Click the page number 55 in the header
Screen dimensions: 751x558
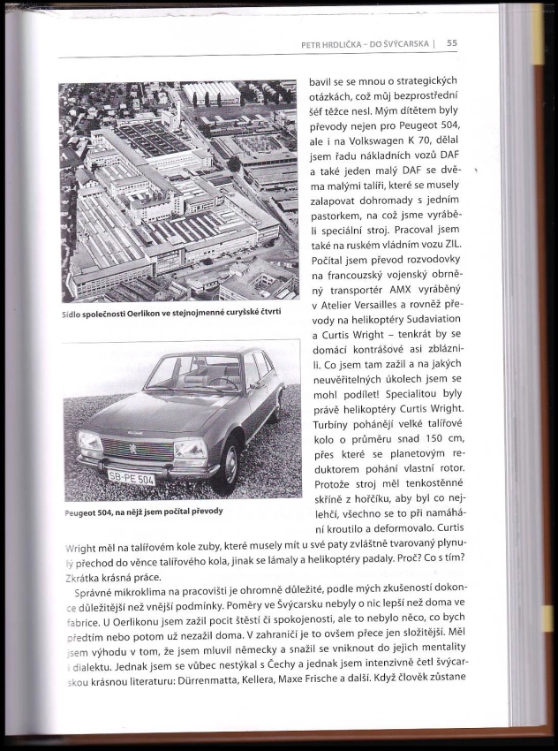click(451, 42)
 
